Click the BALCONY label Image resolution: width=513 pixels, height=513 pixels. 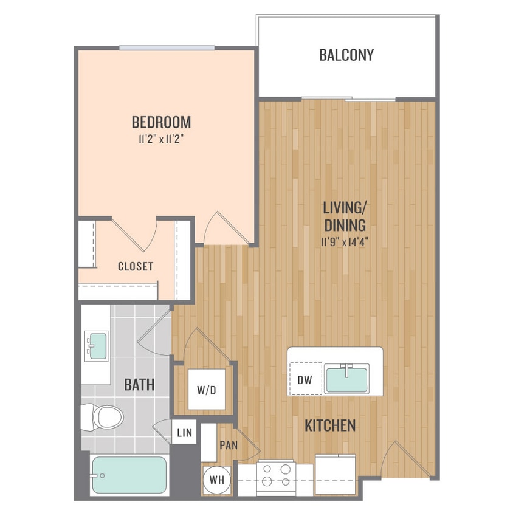(x=346, y=55)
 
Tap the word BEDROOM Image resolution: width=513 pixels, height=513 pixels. (x=161, y=123)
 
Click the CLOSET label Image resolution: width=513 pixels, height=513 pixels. (x=135, y=266)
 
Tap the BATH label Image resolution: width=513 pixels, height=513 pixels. (x=139, y=385)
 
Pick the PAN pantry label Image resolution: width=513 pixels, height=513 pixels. (x=228, y=446)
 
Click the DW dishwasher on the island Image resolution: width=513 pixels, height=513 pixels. (x=305, y=380)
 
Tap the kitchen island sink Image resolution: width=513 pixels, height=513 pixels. (x=346, y=379)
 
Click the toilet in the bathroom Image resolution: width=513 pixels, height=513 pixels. (x=104, y=416)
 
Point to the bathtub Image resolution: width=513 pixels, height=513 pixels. (x=128, y=475)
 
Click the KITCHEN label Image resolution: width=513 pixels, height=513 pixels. (x=330, y=425)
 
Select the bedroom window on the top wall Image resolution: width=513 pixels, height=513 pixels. (x=167, y=47)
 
